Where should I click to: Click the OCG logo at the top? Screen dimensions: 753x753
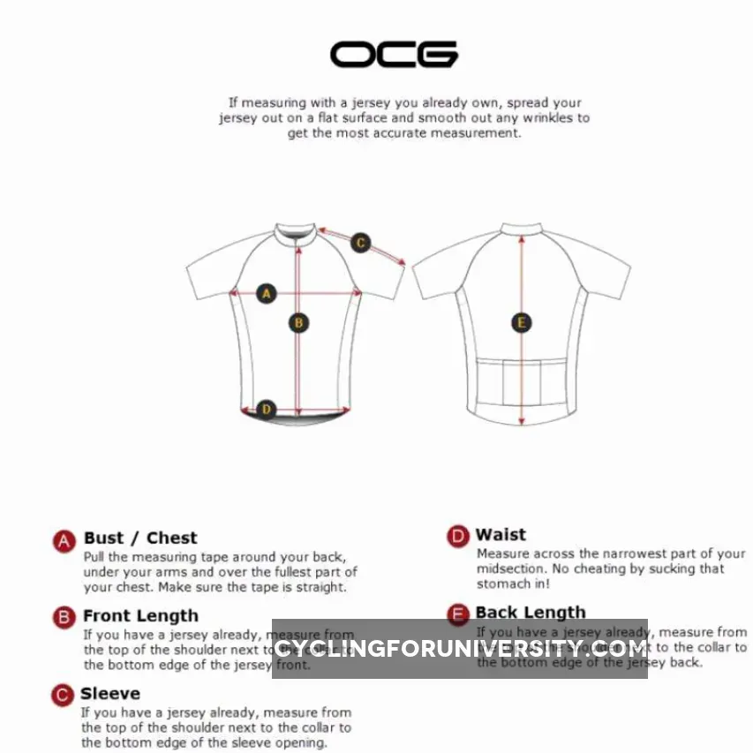394,55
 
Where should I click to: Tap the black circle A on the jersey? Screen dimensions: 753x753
267,293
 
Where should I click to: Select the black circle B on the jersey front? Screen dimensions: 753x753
299,323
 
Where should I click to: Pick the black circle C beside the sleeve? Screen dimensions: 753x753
360,243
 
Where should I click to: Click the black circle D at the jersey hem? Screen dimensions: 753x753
266,409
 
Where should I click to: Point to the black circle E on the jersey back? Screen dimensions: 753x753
522,323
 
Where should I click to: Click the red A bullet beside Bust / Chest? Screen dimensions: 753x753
64,541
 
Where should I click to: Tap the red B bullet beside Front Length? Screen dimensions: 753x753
64,617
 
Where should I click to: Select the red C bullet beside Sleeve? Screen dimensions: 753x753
62,696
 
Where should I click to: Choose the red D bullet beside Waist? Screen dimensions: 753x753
457,537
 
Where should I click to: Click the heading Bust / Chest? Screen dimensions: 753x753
140,538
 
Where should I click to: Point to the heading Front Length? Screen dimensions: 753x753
140,616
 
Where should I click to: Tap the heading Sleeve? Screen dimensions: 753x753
110,694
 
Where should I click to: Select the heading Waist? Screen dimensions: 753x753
501,535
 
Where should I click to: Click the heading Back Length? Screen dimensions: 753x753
531,612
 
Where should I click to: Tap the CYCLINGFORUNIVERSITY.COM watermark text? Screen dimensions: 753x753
460,649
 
